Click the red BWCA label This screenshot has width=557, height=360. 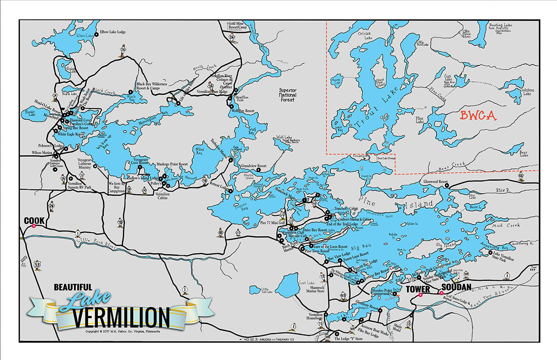click(478, 116)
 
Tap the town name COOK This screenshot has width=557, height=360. click(34, 220)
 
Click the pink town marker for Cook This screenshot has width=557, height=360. click(34, 226)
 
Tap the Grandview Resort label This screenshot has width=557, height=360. click(253, 166)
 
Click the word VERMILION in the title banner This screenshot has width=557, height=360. click(122, 318)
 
